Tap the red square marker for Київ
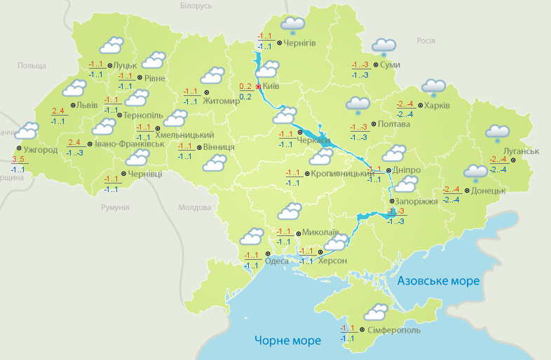pyautogui.click(x=258, y=86)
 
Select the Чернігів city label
pyautogui.click(x=300, y=43)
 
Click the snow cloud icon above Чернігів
pyautogui.click(x=292, y=25)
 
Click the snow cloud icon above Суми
pyautogui.click(x=383, y=46)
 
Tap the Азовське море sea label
pyautogui.click(x=438, y=281)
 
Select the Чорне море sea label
pyautogui.click(x=287, y=340)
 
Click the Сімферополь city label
pyautogui.click(x=393, y=329)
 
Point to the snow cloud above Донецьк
pyautogui.click(x=476, y=172)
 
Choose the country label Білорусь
pyautogui.click(x=196, y=6)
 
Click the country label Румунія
pyautogui.click(x=115, y=207)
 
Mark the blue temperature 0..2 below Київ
pyautogui.click(x=245, y=97)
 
